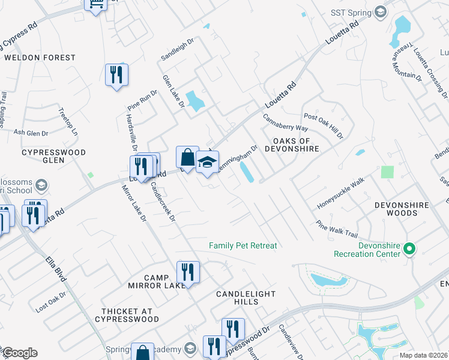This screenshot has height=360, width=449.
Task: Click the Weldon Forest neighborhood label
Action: tap(40, 58)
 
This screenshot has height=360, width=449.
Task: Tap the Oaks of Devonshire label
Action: tap(291, 144)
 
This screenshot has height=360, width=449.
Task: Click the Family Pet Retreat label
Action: tap(243, 245)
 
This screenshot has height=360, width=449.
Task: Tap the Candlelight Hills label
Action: tap(246, 298)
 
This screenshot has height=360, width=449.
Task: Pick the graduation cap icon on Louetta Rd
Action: tap(207, 163)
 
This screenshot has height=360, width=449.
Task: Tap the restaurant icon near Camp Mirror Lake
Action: tap(188, 272)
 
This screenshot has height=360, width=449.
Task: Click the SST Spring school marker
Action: tap(380, 11)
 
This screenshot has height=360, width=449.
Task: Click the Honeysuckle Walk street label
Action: tap(341, 193)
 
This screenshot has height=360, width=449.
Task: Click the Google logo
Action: tap(20, 353)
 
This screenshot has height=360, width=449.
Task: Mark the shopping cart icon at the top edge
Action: tap(95, 5)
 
